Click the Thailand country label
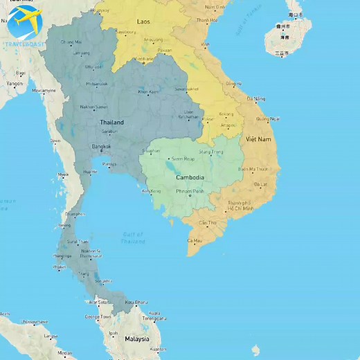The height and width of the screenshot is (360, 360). click(x=111, y=123)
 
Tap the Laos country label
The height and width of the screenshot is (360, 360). click(x=143, y=22)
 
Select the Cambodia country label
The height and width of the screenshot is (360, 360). click(x=188, y=177)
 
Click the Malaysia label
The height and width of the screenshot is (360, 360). click(x=136, y=339)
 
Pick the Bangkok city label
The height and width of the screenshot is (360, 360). click(x=101, y=146)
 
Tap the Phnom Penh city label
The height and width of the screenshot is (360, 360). click(x=190, y=191)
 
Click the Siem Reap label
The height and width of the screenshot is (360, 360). click(x=183, y=159)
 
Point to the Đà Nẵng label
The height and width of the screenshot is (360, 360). click(x=255, y=99)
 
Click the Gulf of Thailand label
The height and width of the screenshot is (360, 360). click(x=133, y=238)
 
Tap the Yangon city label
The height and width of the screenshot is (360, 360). click(x=15, y=83)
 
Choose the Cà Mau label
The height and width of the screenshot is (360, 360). click(x=195, y=240)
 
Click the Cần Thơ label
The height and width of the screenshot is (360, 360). click(x=208, y=223)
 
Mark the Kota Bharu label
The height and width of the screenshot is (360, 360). click(x=136, y=303)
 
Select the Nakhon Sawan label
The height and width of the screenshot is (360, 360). click(x=93, y=107)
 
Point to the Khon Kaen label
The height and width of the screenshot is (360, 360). click(x=148, y=91)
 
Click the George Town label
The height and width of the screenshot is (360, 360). click(x=98, y=316)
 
